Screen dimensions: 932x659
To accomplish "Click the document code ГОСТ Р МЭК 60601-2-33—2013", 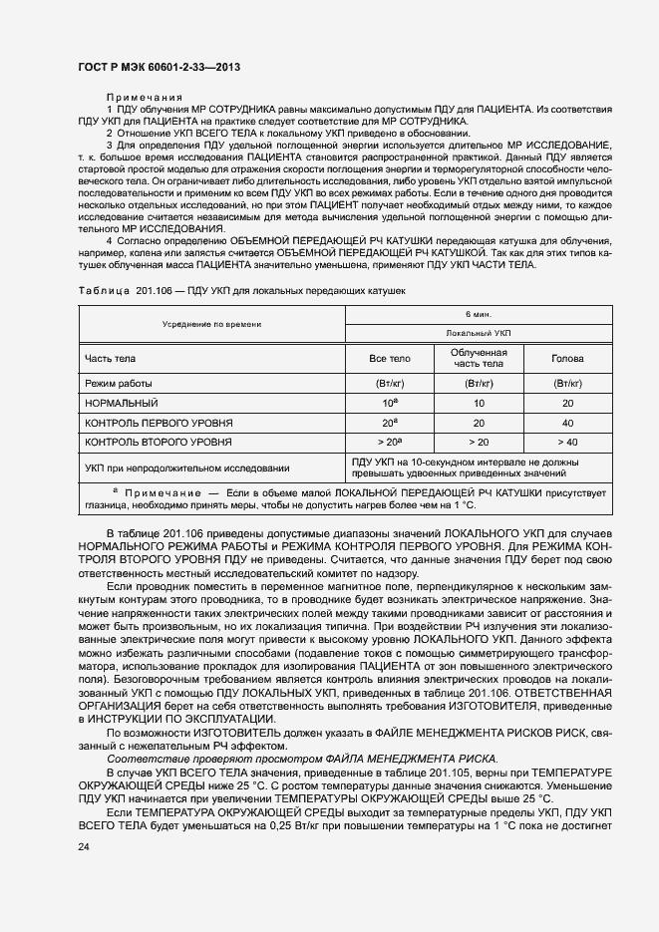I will point(159,67).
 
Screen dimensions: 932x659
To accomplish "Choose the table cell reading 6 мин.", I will point(479,313).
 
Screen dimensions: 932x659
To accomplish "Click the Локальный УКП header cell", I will point(479,334).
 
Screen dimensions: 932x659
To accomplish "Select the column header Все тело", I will point(389,359).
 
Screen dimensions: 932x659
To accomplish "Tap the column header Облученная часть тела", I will point(479,359).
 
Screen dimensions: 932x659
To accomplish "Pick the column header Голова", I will point(568,359).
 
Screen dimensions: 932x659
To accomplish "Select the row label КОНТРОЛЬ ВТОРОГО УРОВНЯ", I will point(160,441).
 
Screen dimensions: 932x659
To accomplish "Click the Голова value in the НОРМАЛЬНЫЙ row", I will point(568,403).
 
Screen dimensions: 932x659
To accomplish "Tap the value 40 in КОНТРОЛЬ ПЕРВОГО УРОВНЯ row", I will point(568,422).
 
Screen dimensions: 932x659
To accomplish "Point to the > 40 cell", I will point(568,441).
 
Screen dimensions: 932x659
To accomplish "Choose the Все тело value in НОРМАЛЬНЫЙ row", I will point(389,403).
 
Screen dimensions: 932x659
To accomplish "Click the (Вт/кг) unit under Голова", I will point(568,383).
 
